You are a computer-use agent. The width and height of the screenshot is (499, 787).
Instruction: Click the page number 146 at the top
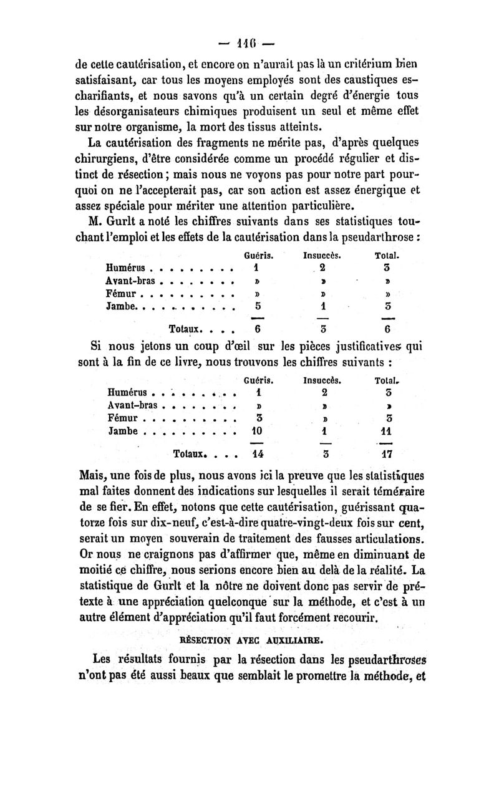click(249, 46)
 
